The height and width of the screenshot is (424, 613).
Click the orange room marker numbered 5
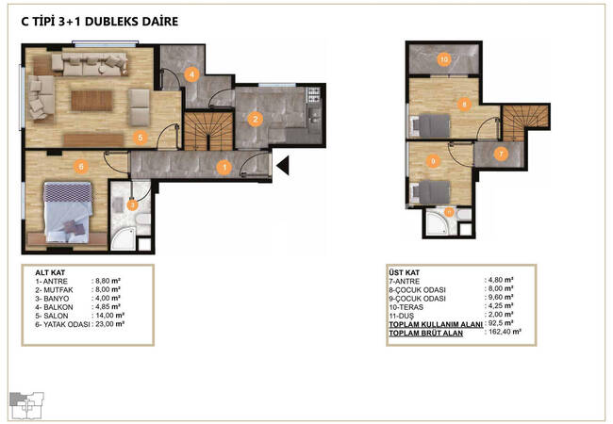141,137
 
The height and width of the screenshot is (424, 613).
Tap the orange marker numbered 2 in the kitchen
256,119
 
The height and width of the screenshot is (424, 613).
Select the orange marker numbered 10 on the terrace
444,59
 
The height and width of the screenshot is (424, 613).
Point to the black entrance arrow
283,165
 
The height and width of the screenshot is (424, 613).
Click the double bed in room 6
69,212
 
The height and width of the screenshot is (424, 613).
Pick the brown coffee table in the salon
91,101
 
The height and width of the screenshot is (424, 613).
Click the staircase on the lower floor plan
208,131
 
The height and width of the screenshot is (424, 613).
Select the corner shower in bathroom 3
124,238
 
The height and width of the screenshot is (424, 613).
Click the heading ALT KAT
50,272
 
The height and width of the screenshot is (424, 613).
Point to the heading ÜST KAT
405,272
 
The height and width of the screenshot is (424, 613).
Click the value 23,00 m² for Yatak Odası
109,324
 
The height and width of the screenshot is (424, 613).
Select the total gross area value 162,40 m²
505,332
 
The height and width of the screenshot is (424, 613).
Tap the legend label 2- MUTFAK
54,290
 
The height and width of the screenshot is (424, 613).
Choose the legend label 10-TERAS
406,307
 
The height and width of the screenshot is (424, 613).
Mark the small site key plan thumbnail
26,405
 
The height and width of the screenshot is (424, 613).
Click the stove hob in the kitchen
313,95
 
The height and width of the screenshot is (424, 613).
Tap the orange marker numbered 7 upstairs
501,155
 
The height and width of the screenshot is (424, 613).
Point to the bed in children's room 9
430,192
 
